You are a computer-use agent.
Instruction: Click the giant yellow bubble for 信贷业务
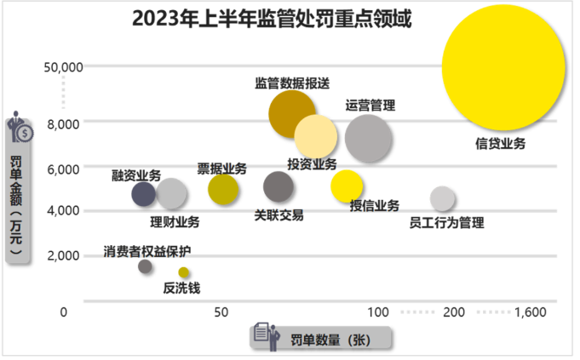(504, 67)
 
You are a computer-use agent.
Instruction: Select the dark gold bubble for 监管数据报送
(292, 114)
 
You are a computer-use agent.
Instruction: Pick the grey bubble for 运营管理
(369, 139)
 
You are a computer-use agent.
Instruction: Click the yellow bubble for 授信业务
(347, 186)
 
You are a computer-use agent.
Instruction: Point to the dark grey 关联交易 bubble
(278, 186)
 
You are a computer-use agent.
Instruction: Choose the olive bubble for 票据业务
(223, 189)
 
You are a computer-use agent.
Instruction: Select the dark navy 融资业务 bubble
(144, 194)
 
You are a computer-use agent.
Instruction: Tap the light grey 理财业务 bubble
(172, 194)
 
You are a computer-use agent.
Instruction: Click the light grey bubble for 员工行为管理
(442, 198)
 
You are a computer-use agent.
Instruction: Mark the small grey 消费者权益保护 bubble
(146, 266)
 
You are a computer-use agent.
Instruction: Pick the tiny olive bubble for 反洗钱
(184, 272)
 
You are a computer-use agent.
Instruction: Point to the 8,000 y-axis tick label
(62, 123)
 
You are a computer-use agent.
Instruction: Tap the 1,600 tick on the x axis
(531, 313)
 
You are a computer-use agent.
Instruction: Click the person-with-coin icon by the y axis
(20, 129)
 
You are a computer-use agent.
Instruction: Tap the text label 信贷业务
(500, 144)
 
